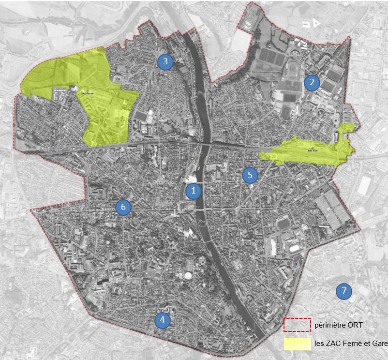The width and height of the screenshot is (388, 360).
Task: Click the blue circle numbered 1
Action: pos(194,191)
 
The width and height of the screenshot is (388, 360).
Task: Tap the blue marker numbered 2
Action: pos(312,82)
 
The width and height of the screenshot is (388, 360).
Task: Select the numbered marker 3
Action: pos(165,61)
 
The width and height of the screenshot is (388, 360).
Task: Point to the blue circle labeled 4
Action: pos(163,320)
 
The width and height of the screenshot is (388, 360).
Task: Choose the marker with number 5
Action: pos(250,175)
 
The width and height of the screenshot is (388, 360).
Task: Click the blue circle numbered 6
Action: pos(123,207)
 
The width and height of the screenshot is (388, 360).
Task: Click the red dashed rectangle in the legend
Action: pos(297,325)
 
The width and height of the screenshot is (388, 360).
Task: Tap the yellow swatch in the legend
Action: pos(297,344)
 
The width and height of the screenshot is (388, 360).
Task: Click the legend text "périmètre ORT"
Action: pos(339,325)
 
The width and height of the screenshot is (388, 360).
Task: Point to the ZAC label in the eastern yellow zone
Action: pos(313,150)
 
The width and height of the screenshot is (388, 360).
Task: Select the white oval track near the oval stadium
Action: pos(295,248)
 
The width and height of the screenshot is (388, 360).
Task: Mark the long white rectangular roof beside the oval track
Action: pos(273,247)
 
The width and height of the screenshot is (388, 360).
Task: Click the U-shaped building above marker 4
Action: pos(169,308)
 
